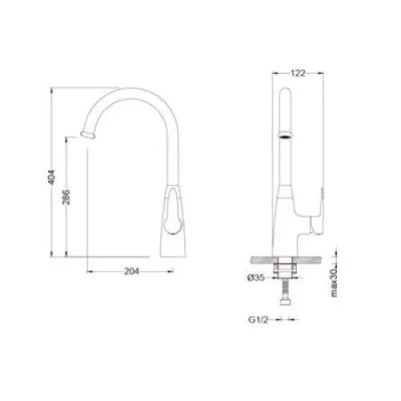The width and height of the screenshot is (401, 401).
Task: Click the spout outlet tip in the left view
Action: pos(86,135)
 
